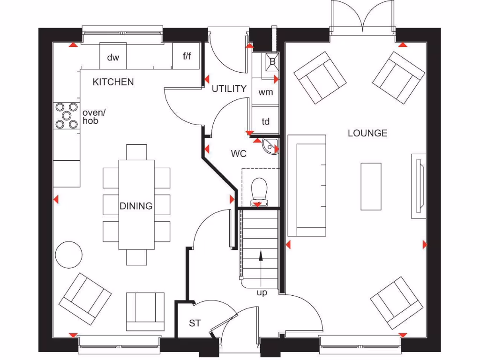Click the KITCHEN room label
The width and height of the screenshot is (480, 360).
(x=113, y=82)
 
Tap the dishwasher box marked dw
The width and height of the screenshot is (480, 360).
(x=113, y=56)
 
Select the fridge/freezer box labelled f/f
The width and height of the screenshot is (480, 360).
(x=186, y=56)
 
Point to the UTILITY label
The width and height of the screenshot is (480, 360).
(x=229, y=89)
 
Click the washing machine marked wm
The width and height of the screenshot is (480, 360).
(x=265, y=92)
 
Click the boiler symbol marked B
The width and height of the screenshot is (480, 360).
(x=272, y=62)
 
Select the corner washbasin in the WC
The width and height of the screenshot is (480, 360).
(x=270, y=147)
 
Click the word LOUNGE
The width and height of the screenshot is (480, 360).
(x=367, y=133)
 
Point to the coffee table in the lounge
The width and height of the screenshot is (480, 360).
(x=371, y=187)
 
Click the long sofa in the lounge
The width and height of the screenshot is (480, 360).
(x=307, y=186)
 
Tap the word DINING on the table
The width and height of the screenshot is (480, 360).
(x=136, y=206)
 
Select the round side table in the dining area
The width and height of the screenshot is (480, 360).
(x=68, y=255)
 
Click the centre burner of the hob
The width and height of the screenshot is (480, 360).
(x=67, y=116)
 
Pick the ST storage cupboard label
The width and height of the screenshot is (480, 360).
(x=195, y=323)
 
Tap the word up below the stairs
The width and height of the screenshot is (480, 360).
(x=262, y=293)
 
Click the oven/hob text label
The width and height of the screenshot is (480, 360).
(x=94, y=117)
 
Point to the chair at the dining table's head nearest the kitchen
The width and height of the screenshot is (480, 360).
(x=136, y=152)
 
